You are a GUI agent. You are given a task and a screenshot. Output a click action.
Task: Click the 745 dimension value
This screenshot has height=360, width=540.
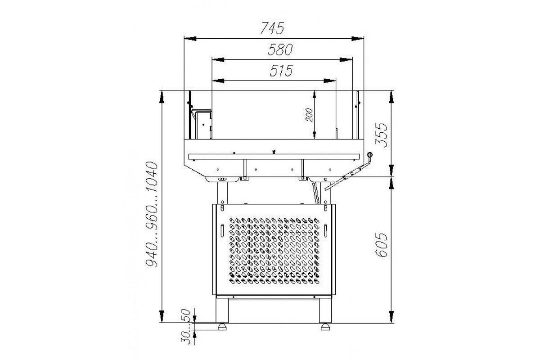click(x=272, y=28)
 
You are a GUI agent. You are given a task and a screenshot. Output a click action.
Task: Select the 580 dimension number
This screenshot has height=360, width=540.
click(x=280, y=49)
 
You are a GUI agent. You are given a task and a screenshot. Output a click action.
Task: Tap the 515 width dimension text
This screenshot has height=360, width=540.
click(x=281, y=71)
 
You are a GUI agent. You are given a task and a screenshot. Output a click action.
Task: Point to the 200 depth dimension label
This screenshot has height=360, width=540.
click(x=309, y=115)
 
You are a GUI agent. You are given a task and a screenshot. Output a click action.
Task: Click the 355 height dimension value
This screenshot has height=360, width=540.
click(x=382, y=135)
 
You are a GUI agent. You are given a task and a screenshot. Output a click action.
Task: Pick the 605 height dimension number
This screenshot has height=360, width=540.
click(x=382, y=245)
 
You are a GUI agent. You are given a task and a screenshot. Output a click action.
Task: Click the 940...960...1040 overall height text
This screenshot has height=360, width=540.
click(x=152, y=214)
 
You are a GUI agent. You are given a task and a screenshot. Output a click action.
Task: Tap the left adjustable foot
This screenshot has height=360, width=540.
click(x=222, y=327)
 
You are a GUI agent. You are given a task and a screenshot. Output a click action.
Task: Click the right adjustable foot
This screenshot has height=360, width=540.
click(x=325, y=327)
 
